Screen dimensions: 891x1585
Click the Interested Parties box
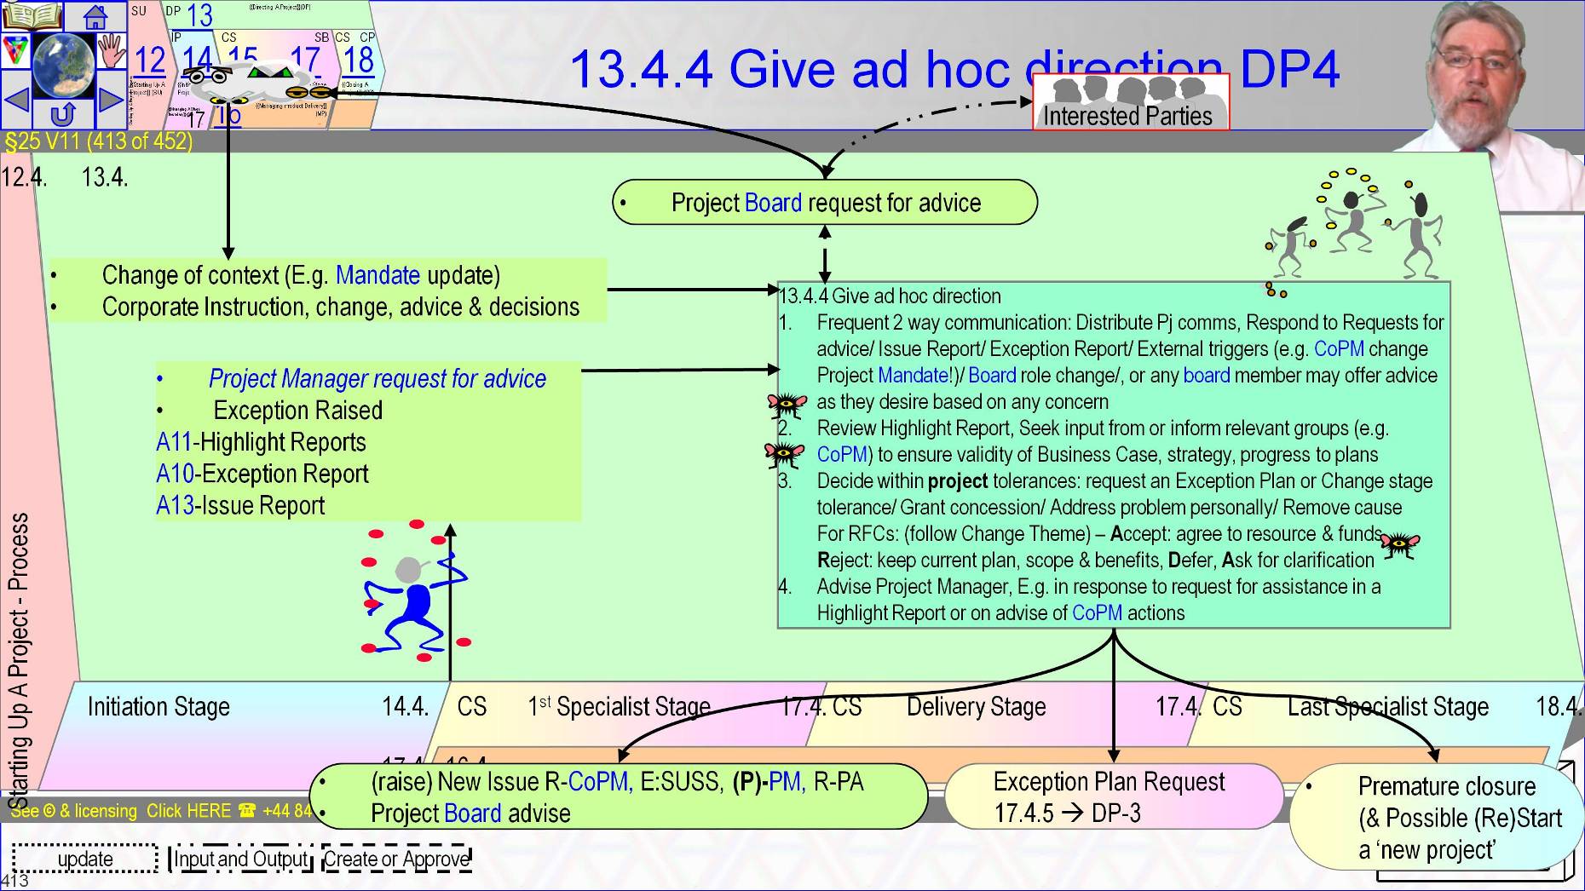tap(1130, 103)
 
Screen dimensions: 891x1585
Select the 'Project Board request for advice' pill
tap(824, 203)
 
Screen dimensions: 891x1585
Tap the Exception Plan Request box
tap(1111, 796)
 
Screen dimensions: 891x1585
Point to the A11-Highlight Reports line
tap(261, 442)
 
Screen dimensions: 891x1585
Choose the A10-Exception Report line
tap(262, 474)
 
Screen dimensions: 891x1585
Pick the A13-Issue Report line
tap(240, 506)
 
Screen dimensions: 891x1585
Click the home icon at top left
tap(95, 16)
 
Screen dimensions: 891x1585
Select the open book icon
tap(32, 15)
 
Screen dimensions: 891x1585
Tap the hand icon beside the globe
tap(111, 51)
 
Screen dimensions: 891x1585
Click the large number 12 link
tap(150, 60)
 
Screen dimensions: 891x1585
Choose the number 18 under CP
tap(359, 60)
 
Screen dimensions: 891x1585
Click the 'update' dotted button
tap(85, 859)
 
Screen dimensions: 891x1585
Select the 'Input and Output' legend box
tap(241, 859)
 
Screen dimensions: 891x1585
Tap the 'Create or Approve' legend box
tap(396, 859)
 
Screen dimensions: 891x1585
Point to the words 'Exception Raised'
tap(297, 411)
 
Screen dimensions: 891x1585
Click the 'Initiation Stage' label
tap(158, 707)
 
